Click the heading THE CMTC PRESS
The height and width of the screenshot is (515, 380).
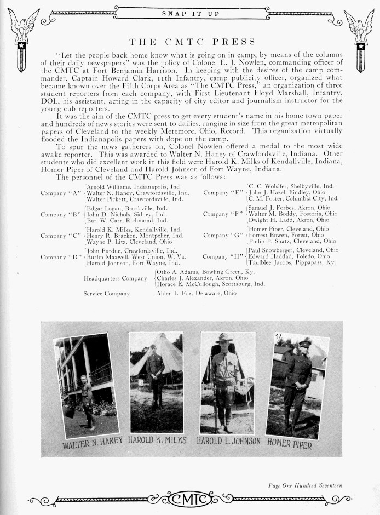(192, 41)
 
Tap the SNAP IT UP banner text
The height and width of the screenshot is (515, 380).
(191, 13)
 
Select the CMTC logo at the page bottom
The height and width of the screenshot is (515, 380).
(190, 499)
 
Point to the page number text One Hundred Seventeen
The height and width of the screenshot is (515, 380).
(306, 484)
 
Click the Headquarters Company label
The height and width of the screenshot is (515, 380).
(115, 278)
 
